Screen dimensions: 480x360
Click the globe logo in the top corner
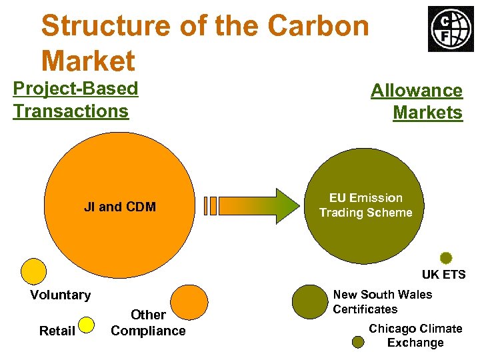click(451, 29)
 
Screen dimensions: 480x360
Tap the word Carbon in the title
click(318, 26)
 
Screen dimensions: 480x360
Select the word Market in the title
click(88, 61)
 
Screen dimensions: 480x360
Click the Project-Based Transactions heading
click(75, 99)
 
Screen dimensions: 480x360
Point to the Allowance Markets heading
click(417, 101)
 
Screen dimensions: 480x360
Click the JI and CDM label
click(120, 207)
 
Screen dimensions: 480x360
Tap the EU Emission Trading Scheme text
click(365, 205)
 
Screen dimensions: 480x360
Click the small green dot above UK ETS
click(446, 258)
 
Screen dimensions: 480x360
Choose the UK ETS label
click(443, 275)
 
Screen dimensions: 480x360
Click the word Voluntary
click(60, 295)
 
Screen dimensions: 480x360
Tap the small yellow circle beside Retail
click(87, 325)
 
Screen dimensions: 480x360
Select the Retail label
click(57, 331)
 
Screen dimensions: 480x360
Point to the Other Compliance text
click(148, 323)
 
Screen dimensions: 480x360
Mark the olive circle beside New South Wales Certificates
click(309, 302)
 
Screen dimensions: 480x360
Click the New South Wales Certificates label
click(382, 302)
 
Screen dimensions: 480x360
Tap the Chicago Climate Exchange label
click(415, 335)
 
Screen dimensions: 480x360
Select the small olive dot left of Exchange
click(358, 342)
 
